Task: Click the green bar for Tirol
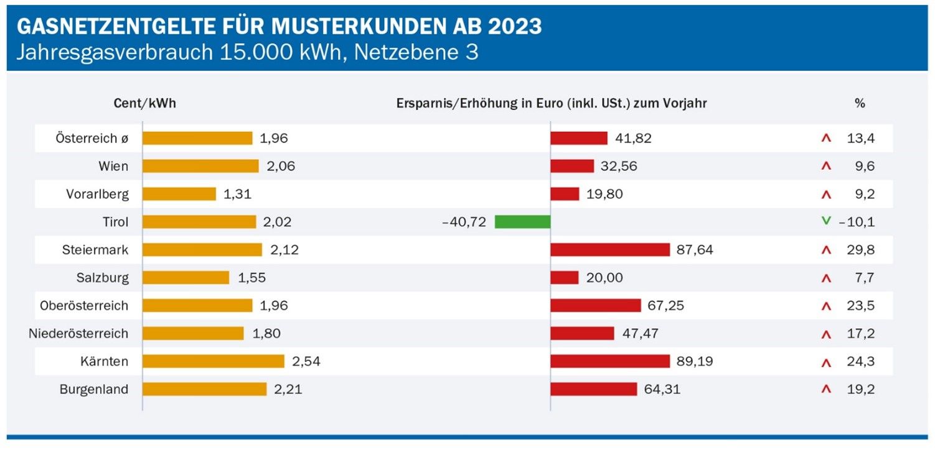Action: point(522,221)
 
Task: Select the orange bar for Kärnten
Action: point(214,361)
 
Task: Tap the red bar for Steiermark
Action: point(610,249)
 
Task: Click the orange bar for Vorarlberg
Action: point(179,194)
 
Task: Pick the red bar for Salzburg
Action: point(565,277)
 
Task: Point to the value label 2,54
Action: point(306,361)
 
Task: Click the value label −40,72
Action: point(464,222)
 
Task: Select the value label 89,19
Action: point(695,361)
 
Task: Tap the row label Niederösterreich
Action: point(78,333)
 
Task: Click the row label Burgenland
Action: point(94,389)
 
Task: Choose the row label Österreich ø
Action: point(92,138)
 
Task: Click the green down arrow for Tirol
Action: point(826,221)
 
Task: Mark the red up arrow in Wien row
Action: point(826,166)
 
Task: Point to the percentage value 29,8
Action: point(861,249)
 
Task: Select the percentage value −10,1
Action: point(857,222)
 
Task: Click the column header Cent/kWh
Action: point(145,103)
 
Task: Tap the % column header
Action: point(860,103)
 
